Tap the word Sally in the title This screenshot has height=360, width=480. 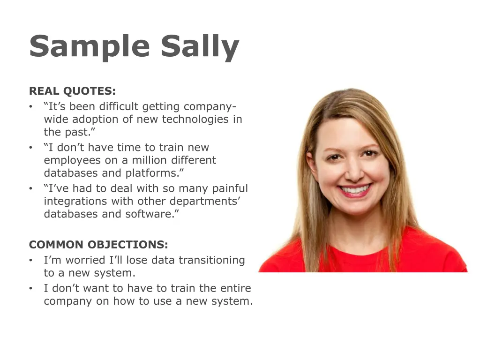tap(200, 47)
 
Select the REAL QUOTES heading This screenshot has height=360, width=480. tap(72, 91)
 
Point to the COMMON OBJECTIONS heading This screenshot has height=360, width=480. tap(98, 245)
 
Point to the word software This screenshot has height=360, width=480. tap(152, 214)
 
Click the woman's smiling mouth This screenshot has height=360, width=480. tap(355, 190)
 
